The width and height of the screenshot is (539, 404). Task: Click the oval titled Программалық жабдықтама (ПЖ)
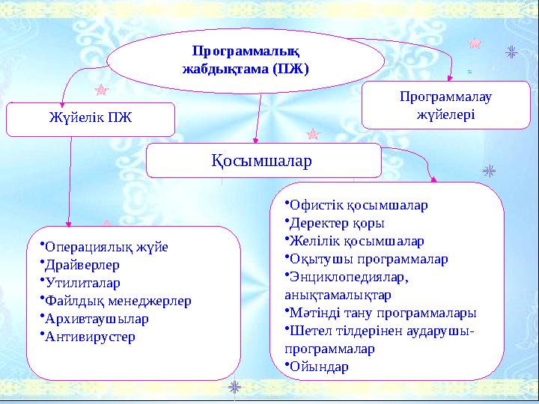(x=246, y=59)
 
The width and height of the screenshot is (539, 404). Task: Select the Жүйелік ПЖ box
(x=90, y=120)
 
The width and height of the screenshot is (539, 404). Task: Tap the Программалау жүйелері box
(x=445, y=105)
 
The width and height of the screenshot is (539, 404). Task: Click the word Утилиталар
(x=83, y=284)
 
